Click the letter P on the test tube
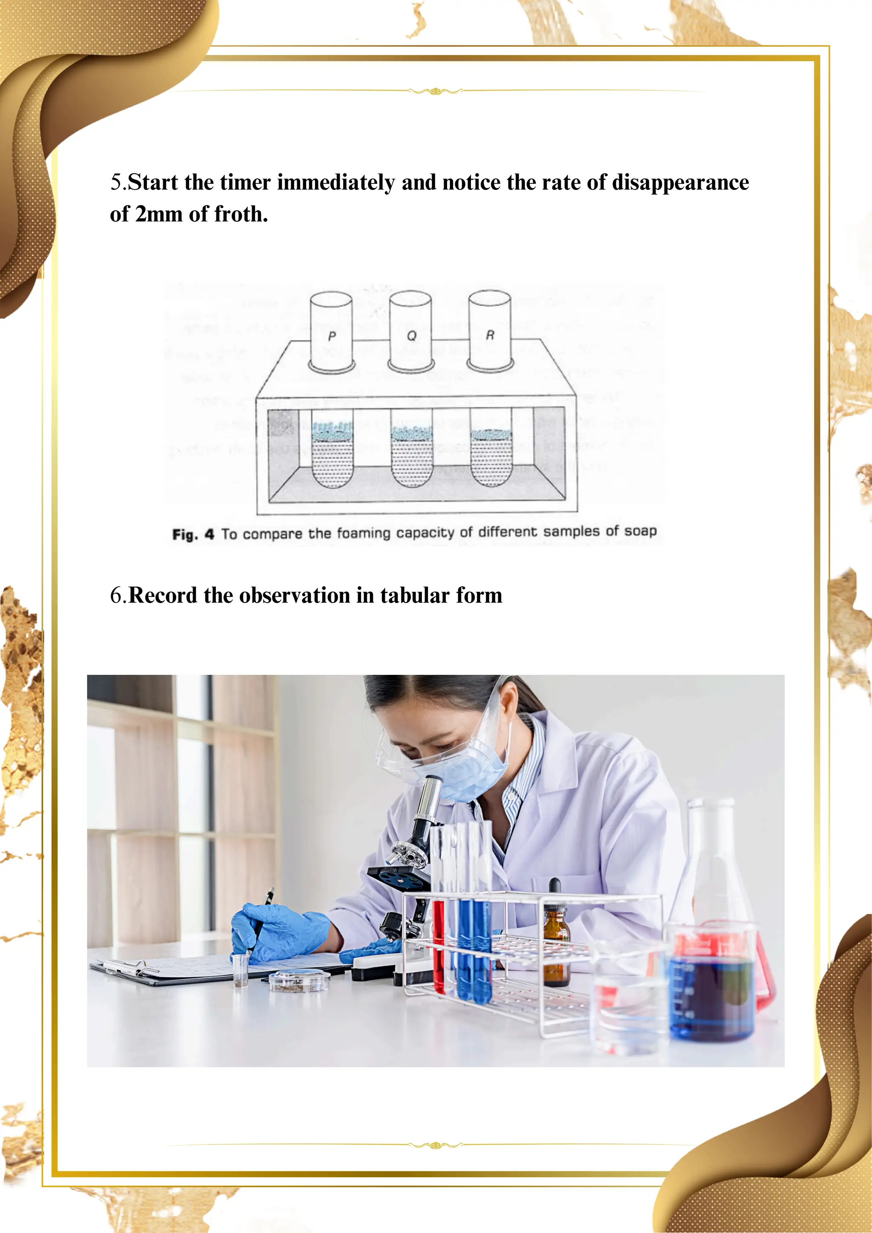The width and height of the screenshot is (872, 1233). tap(332, 336)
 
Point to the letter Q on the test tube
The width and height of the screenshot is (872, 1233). tap(411, 335)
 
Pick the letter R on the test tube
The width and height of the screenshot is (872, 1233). tap(490, 335)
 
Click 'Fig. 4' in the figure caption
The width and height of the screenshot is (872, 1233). tap(193, 534)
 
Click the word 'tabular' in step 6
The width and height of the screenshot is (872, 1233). tap(415, 596)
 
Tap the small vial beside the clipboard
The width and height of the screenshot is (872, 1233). tap(240, 969)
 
